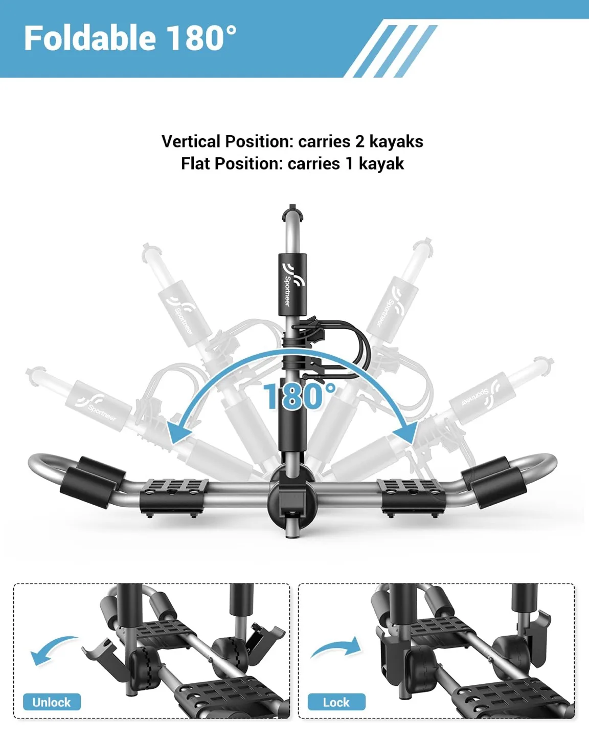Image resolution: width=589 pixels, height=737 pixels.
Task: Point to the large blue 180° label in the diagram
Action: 299,396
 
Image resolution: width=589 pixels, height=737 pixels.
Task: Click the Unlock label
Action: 52,702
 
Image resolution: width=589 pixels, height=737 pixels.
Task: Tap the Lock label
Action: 336,702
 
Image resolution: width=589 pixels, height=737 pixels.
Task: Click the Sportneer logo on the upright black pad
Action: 292,284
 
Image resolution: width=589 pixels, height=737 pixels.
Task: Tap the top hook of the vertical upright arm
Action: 292,212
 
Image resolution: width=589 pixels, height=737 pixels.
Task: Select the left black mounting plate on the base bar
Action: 174,497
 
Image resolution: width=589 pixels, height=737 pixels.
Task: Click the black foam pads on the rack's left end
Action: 93,480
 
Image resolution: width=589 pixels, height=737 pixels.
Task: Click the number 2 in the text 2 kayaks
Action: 359,142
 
